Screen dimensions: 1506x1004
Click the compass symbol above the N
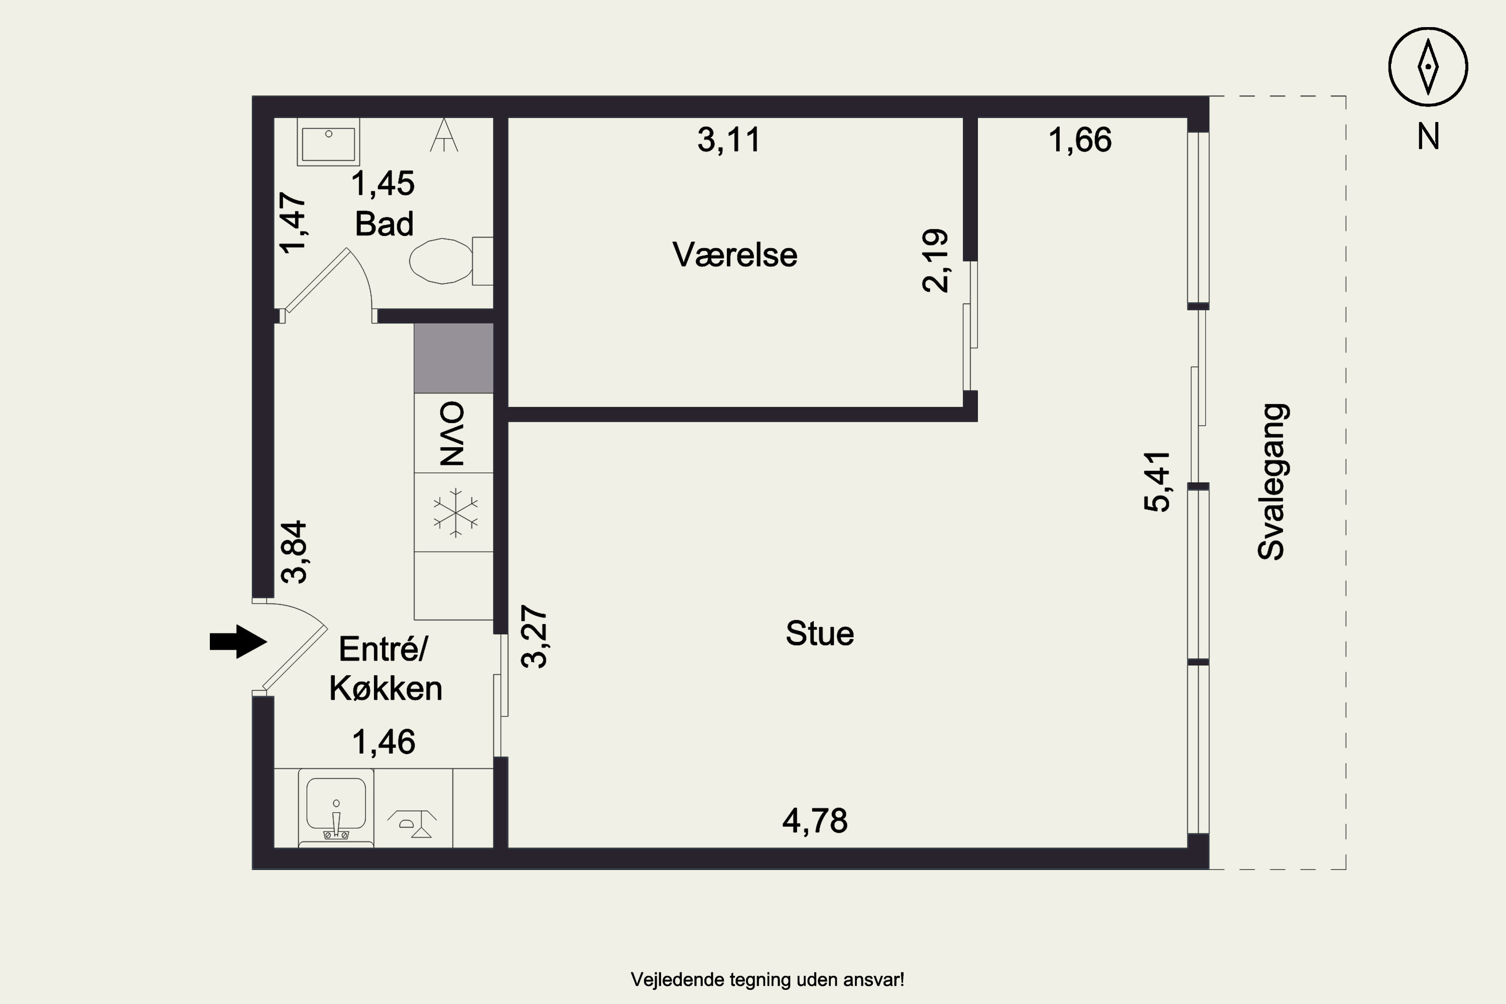pyautogui.click(x=1428, y=67)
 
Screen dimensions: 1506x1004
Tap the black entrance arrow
pyautogui.click(x=238, y=641)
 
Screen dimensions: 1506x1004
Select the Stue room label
pyautogui.click(x=820, y=633)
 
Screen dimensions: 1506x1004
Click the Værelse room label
pyautogui.click(x=735, y=255)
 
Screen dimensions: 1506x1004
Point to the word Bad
pyautogui.click(x=384, y=224)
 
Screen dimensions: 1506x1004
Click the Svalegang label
pyautogui.click(x=1272, y=481)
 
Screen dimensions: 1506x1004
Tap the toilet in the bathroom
pyautogui.click(x=451, y=261)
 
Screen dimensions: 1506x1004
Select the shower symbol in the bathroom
pyautogui.click(x=444, y=135)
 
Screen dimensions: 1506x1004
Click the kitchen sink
pyautogui.click(x=336, y=809)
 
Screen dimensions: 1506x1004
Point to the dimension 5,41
pyautogui.click(x=1157, y=481)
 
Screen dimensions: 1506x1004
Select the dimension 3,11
pyautogui.click(x=729, y=140)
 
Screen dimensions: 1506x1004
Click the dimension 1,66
pyautogui.click(x=1080, y=140)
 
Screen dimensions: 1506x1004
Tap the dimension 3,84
pyautogui.click(x=295, y=552)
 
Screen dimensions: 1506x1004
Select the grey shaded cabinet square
pyautogui.click(x=453, y=358)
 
